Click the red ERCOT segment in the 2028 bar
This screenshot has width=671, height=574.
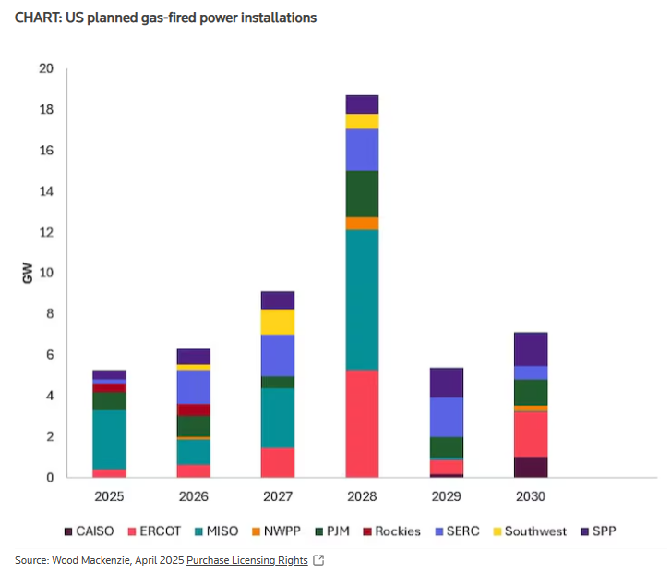pos(362,423)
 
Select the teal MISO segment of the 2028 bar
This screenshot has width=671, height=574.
pos(362,299)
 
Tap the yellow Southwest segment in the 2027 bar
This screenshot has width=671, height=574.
pos(278,322)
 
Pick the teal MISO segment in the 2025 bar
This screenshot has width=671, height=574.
pos(110,439)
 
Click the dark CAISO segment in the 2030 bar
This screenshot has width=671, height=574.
pos(531,467)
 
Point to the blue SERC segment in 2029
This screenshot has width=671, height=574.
pos(446,417)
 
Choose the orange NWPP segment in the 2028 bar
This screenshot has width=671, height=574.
pos(362,223)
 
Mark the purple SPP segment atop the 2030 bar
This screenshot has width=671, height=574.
pos(531,349)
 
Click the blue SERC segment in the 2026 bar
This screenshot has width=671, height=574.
pos(194,386)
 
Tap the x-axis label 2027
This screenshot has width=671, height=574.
pos(278,496)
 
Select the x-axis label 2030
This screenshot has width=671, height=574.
pos(531,496)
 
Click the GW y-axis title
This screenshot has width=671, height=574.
pos(29,275)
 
